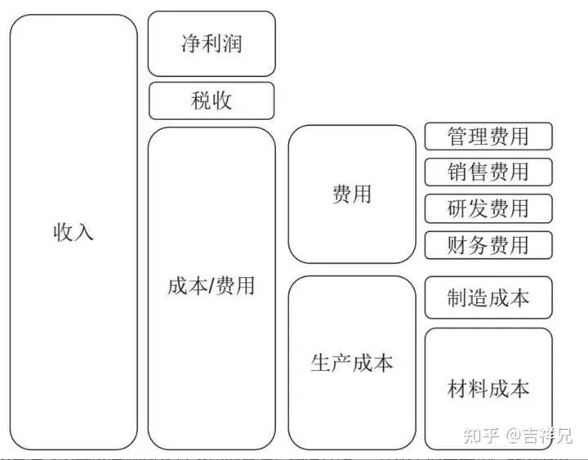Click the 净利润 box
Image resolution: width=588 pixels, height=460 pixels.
point(212,43)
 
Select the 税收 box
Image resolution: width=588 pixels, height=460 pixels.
point(212,100)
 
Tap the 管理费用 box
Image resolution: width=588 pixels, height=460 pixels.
point(488,136)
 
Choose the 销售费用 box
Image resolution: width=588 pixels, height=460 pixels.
point(488,172)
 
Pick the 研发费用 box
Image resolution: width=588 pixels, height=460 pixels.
point(488,208)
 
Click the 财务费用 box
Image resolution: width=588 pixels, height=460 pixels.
point(488,245)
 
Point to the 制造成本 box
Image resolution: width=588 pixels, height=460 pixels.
point(488,297)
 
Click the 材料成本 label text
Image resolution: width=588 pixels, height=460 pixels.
point(488,388)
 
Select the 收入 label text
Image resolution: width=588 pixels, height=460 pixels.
point(73,231)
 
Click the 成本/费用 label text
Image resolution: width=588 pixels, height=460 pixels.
point(212,286)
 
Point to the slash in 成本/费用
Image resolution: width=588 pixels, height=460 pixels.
point(211,286)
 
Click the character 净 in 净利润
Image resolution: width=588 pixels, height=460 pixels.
point(191,43)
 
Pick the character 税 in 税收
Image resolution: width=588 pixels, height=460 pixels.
point(201,100)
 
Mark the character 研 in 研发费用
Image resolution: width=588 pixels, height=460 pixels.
point(457,208)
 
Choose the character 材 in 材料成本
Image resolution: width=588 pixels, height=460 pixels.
point(457,388)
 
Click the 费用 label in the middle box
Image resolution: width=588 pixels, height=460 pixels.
point(352,194)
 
